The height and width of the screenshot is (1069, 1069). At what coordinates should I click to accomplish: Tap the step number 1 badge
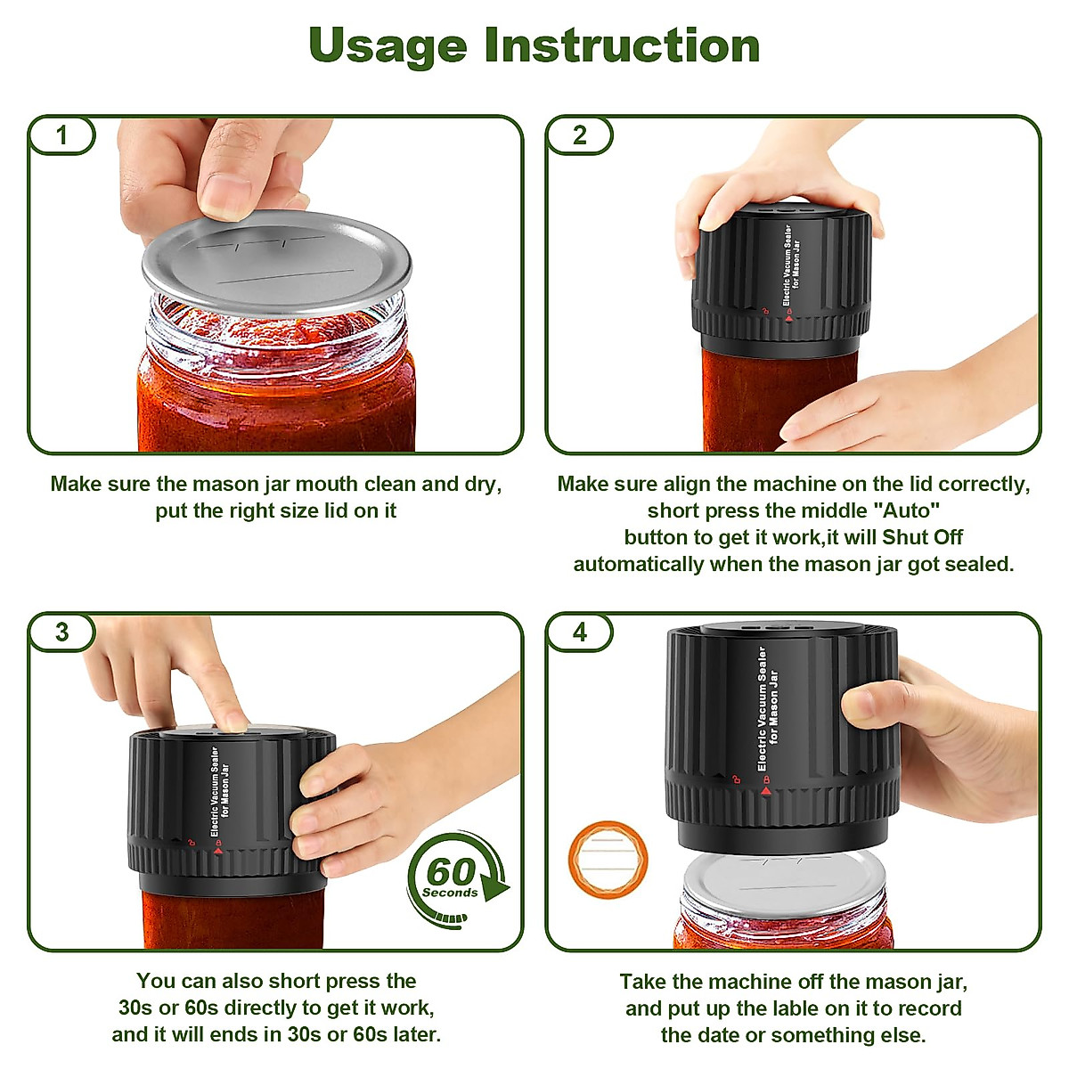[x=61, y=135]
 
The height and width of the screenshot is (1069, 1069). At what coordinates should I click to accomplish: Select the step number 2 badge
[x=580, y=135]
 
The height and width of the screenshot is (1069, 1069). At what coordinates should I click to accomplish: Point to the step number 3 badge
[x=61, y=632]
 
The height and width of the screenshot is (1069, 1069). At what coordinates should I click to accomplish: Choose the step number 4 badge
[x=580, y=632]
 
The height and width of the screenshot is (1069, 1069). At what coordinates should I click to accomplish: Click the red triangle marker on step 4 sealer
[x=765, y=790]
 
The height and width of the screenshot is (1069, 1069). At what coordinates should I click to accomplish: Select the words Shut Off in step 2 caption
[x=922, y=537]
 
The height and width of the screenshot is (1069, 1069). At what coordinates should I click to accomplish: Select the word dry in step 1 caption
[x=482, y=484]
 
